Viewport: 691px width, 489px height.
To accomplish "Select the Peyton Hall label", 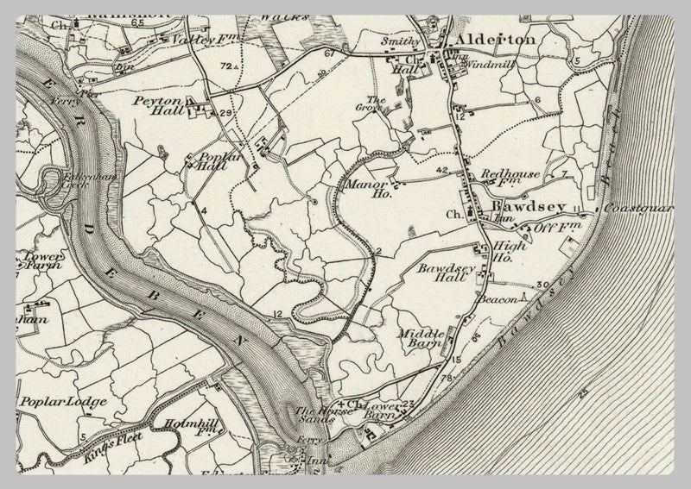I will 156,106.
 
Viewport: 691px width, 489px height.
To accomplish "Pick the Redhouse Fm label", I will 510,175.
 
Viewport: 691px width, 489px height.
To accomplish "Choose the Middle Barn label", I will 422,335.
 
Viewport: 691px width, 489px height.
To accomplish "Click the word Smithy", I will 402,41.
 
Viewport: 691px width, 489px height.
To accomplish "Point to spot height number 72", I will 226,66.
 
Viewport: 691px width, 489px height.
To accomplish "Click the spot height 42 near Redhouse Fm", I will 442,170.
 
